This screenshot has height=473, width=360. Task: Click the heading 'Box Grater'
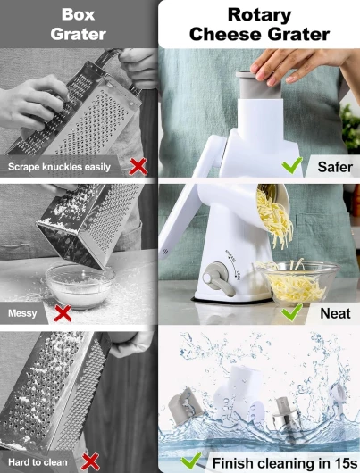79,24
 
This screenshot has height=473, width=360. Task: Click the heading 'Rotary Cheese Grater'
259,24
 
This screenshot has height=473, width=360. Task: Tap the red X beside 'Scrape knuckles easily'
138,166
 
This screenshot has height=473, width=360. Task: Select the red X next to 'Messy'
63,313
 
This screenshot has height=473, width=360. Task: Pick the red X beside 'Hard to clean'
90,461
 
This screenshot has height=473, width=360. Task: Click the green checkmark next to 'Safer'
292,165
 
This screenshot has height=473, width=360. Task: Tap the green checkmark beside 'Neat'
292,312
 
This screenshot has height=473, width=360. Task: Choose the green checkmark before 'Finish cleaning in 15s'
191,461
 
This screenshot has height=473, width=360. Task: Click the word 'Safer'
335,167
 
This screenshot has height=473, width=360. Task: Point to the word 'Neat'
335,313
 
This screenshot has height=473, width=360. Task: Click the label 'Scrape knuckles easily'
59,167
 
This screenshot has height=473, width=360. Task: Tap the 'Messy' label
22,313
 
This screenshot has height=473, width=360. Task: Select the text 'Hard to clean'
38,462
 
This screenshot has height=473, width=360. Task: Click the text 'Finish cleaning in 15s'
285,463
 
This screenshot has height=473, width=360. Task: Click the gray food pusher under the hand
258,86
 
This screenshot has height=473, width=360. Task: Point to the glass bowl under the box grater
80,286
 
